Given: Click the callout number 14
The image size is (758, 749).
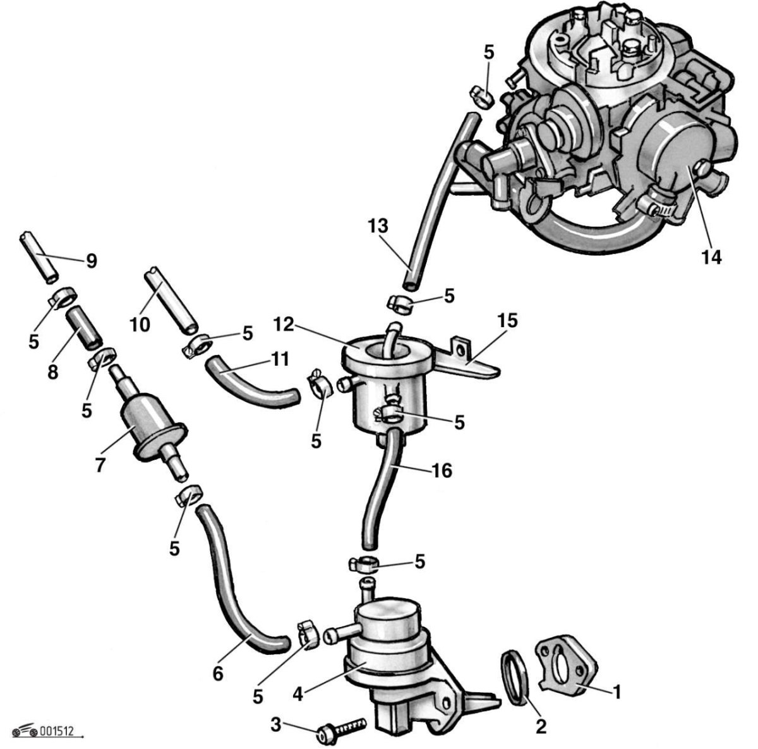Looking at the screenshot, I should tap(711, 257).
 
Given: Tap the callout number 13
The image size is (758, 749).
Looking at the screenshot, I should tap(378, 225).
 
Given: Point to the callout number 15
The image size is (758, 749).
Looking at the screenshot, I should tap(507, 321).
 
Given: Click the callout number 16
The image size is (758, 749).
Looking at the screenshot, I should tap(442, 470).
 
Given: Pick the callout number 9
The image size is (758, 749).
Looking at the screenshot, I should tap(91, 261).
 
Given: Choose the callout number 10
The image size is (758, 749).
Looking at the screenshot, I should tap(140, 325).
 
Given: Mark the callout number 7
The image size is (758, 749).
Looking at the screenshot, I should tap(100, 465).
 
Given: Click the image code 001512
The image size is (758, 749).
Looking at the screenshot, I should tap(57, 732).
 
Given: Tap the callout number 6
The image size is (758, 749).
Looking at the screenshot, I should tap(217, 674).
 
